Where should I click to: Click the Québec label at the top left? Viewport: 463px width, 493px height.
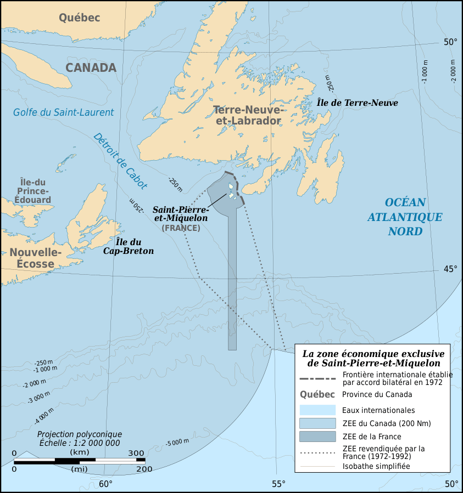pyautogui.click(x=80, y=18)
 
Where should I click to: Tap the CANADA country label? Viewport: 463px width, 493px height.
pyautogui.click(x=91, y=67)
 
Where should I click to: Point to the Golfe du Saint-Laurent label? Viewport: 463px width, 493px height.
pyautogui.click(x=63, y=112)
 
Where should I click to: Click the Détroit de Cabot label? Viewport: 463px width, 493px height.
pyautogui.click(x=120, y=161)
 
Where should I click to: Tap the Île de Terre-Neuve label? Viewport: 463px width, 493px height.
pyautogui.click(x=357, y=103)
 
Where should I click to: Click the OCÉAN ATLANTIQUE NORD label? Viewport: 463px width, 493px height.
pyautogui.click(x=405, y=217)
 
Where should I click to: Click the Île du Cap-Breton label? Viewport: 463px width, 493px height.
pyautogui.click(x=129, y=246)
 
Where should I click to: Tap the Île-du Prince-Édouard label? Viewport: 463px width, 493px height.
pyautogui.click(x=35, y=191)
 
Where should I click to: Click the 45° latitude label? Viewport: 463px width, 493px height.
pyautogui.click(x=450, y=268)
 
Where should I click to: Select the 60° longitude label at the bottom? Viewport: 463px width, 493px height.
pyautogui.click(x=105, y=484)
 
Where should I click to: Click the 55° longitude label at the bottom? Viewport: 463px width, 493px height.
pyautogui.click(x=278, y=484)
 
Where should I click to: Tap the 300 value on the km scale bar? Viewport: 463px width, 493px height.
pyautogui.click(x=136, y=453)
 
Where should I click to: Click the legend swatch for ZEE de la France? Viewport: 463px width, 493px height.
pyautogui.click(x=317, y=437)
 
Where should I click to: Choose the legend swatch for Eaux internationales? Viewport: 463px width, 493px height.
pyautogui.click(x=317, y=410)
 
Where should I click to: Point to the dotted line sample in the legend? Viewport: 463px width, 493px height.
pyautogui.click(x=317, y=452)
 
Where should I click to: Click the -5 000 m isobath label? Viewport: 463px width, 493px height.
pyautogui.click(x=177, y=442)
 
